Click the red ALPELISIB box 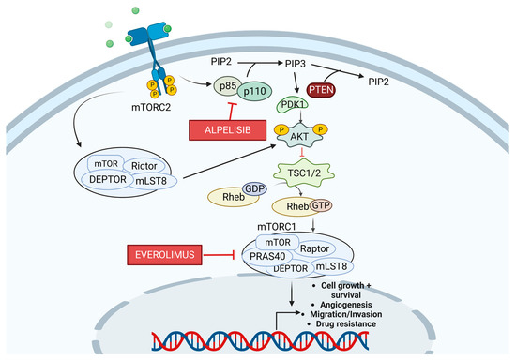pos(222,129)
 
